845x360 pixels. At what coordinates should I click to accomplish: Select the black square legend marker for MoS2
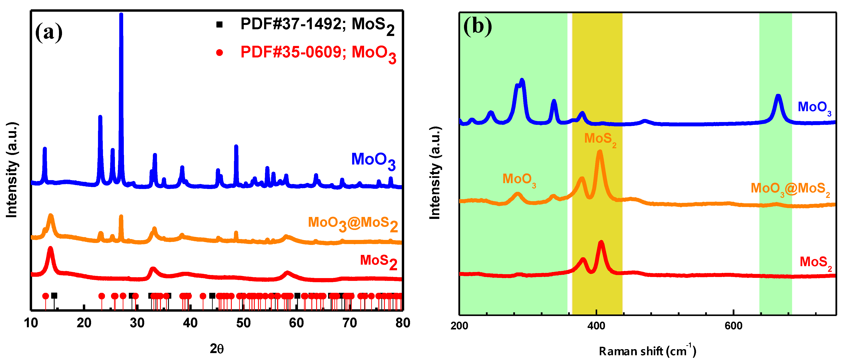coord(219,24)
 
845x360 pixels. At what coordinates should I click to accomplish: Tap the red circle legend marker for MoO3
coord(219,52)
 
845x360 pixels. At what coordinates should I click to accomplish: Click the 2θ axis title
coord(216,349)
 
